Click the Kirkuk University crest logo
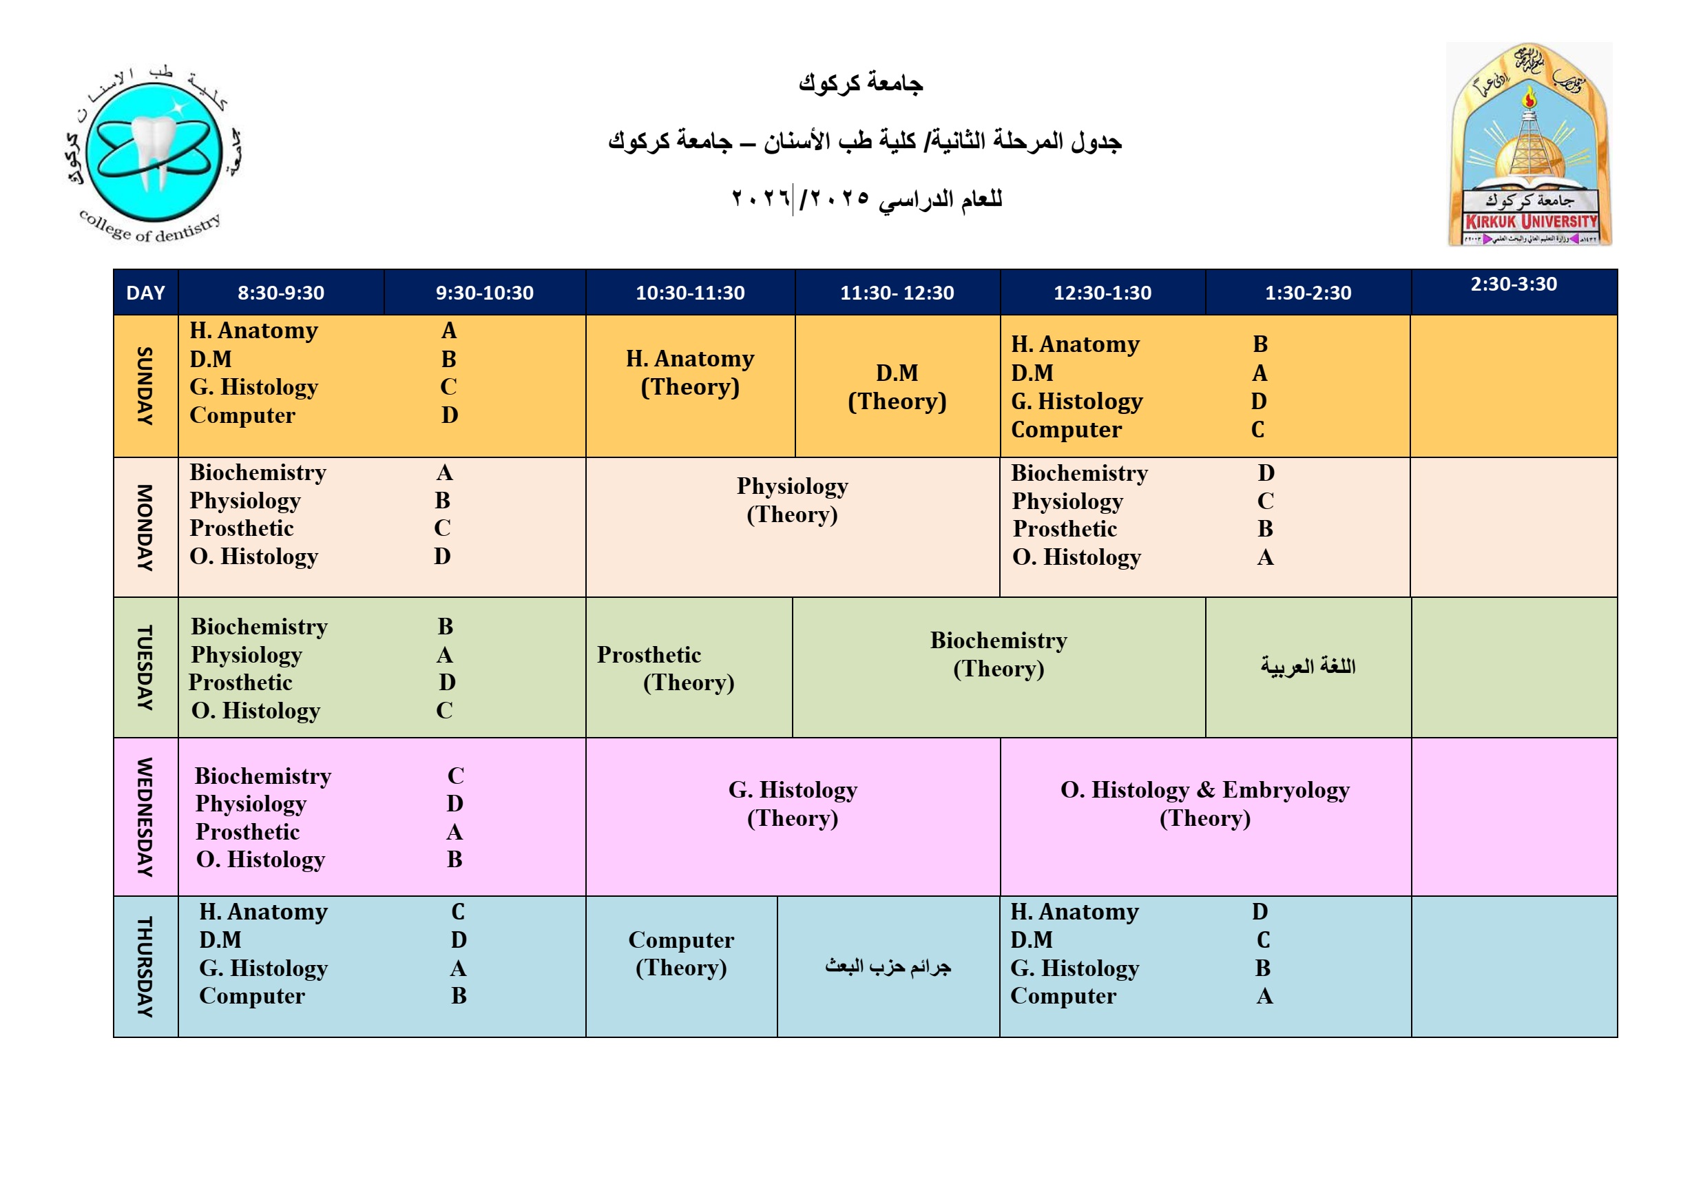tap(1529, 145)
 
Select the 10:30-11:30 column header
tap(690, 292)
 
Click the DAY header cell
tap(145, 292)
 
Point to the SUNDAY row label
tap(145, 386)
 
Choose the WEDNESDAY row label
tap(145, 816)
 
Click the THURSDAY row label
tap(145, 966)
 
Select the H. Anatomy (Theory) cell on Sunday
tap(690, 373)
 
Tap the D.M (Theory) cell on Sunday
tap(897, 386)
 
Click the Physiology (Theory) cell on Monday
tap(792, 500)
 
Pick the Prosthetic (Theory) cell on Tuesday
tap(689, 668)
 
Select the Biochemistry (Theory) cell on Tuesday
tap(999, 654)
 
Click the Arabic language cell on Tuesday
tap(1308, 666)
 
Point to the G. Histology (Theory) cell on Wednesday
tap(792, 803)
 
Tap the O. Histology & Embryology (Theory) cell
tap(1204, 803)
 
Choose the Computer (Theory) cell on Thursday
tap(681, 953)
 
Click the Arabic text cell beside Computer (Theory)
tap(888, 966)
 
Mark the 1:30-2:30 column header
tap(1308, 292)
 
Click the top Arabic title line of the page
tap(860, 83)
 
